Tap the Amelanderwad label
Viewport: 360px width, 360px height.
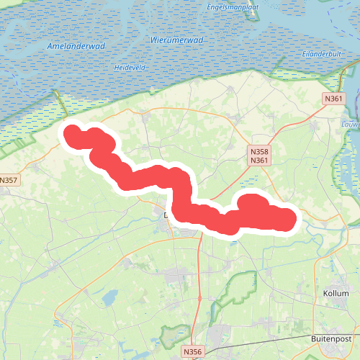coord(76,46)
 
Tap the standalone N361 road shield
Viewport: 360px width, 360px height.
coord(333,99)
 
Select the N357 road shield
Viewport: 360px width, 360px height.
coord(9,180)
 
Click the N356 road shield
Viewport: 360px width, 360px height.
coord(192,351)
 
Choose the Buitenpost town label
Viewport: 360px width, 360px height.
coord(330,338)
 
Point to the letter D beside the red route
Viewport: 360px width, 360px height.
coord(166,215)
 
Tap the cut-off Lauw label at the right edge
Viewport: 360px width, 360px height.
coord(351,124)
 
